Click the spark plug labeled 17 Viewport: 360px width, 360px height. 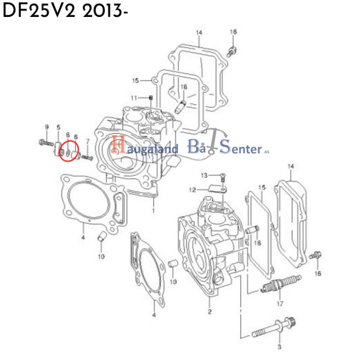[x=281, y=284]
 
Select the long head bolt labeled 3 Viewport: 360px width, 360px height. [x=274, y=328]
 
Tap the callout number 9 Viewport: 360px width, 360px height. [x=47, y=127]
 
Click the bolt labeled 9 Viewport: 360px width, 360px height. [x=46, y=142]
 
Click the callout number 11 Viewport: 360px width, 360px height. [x=134, y=98]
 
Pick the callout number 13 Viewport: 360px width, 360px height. [x=204, y=175]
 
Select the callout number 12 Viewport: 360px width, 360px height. [x=192, y=190]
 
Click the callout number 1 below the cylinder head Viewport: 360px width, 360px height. [x=153, y=210]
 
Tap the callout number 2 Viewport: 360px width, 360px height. [x=210, y=311]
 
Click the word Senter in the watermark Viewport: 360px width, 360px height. [x=241, y=147]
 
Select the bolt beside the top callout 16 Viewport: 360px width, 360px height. [x=232, y=51]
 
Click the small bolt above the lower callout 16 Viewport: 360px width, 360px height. [x=316, y=255]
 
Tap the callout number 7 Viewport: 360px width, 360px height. [x=88, y=141]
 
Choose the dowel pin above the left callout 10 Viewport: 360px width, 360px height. [x=102, y=236]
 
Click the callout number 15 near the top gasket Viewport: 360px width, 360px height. [x=136, y=81]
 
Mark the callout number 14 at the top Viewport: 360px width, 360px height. [x=199, y=32]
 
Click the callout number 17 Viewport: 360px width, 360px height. [x=280, y=304]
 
